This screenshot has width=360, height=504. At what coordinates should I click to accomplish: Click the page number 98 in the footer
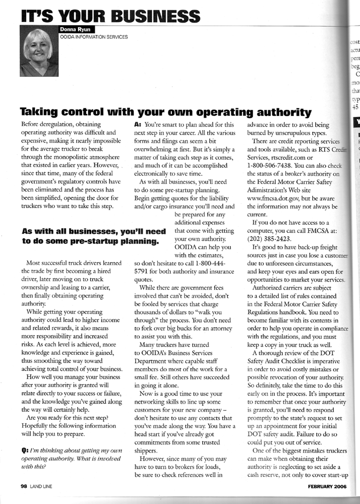point(24,486)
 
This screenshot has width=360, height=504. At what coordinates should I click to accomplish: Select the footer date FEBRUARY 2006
point(325,486)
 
